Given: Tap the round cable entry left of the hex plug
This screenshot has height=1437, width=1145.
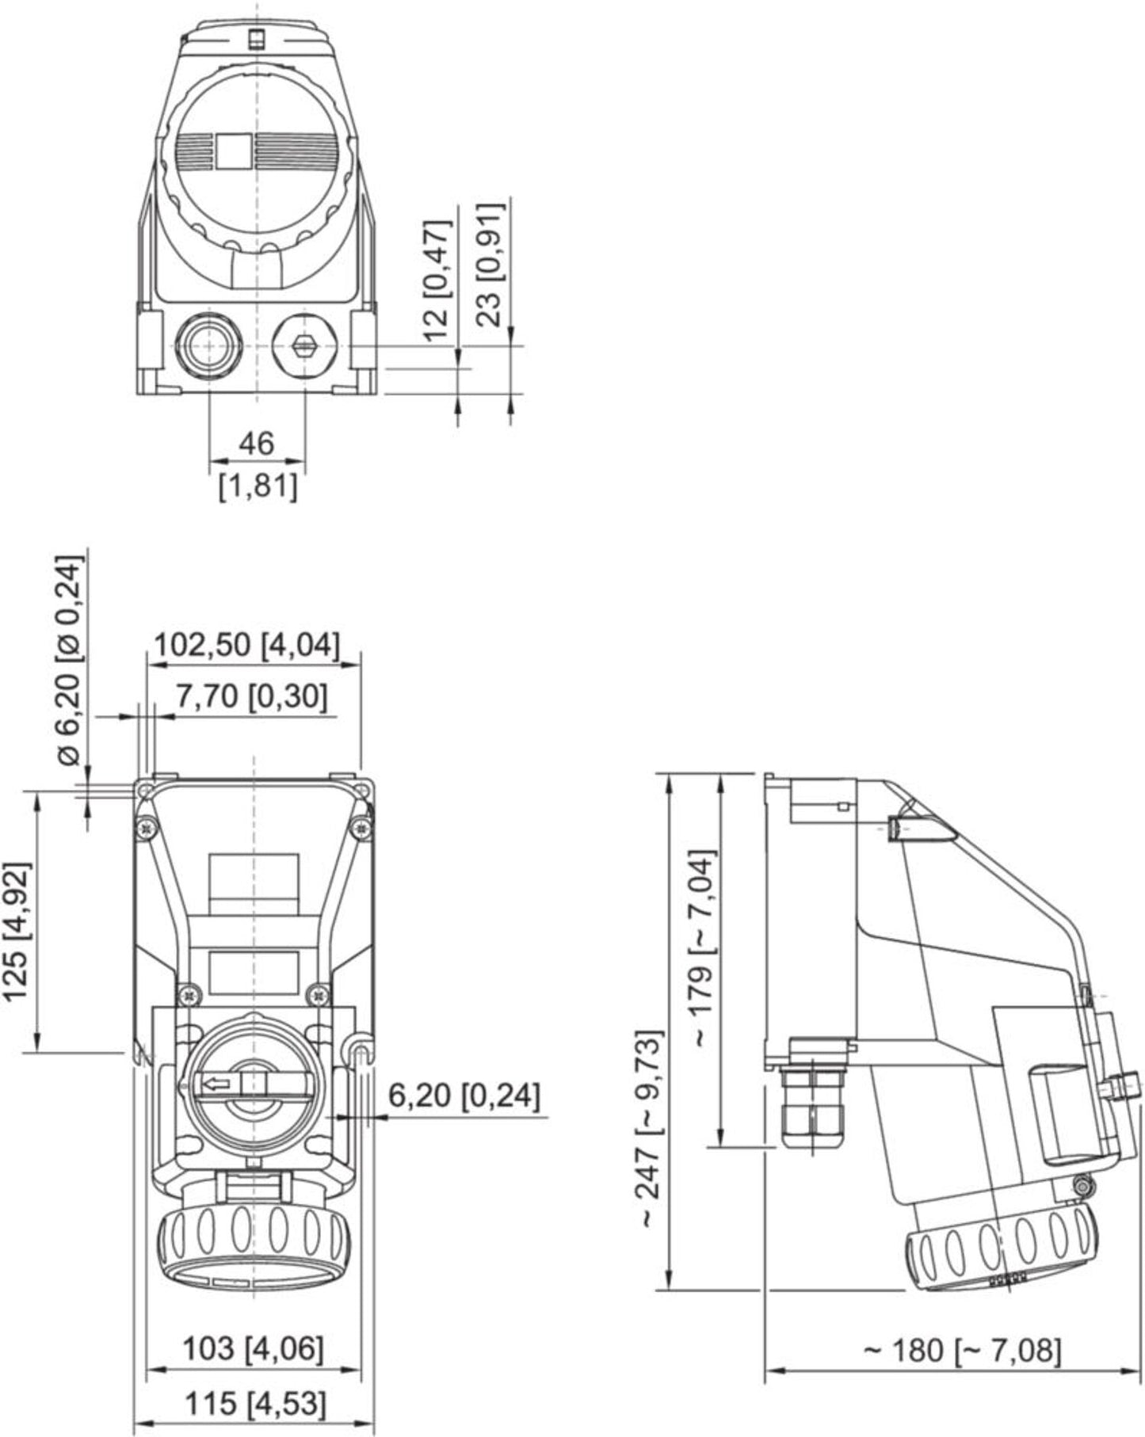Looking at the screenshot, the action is pos(207,345).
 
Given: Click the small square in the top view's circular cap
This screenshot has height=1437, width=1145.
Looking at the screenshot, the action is pos(234,151).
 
